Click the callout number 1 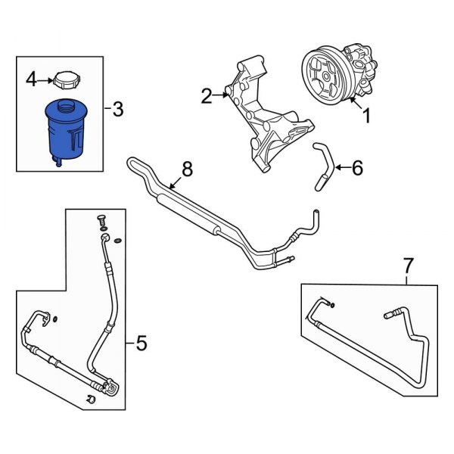tap(367, 117)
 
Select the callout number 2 tap(207, 95)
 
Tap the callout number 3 tap(117, 110)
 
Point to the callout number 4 tap(31, 78)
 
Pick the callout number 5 tap(141, 345)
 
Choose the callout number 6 tap(357, 167)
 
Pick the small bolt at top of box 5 tap(98, 220)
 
